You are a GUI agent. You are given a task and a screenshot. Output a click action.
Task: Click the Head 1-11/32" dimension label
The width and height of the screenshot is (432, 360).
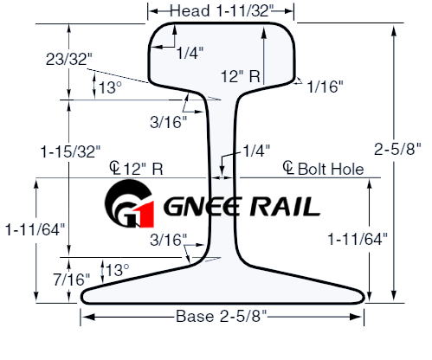click(221, 10)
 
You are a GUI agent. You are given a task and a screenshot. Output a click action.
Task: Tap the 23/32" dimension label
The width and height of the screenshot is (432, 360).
click(67, 58)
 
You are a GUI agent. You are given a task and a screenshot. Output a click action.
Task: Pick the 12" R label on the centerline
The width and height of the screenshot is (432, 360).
click(143, 168)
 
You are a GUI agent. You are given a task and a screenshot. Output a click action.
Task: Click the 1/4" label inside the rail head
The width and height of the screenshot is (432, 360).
click(190, 54)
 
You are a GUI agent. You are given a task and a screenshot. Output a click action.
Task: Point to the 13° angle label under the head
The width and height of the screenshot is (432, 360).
click(109, 87)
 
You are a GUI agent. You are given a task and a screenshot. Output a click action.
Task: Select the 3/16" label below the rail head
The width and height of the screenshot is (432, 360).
click(169, 121)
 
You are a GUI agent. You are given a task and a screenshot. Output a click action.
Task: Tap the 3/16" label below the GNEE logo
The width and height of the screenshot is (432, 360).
click(169, 238)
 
